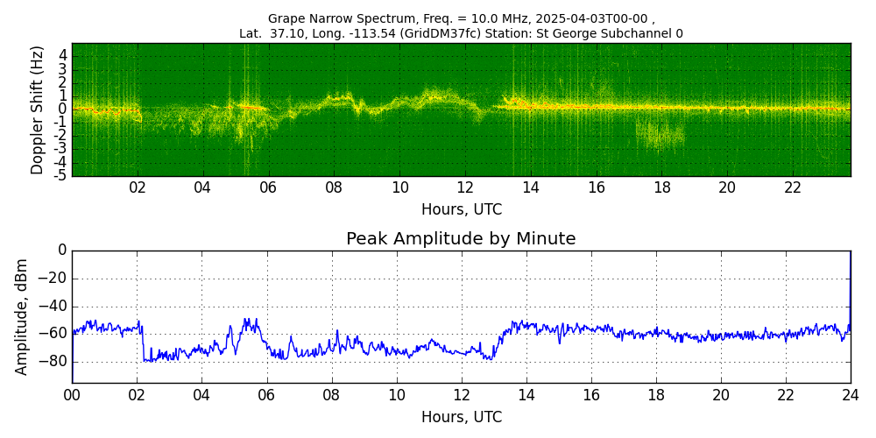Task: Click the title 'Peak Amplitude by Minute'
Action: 461,239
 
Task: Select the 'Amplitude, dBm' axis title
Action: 21,317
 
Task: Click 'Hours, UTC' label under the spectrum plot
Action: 462,210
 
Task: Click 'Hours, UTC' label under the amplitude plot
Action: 462,417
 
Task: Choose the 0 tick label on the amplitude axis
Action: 61,251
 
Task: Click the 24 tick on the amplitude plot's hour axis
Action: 851,393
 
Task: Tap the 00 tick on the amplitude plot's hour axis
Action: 72,393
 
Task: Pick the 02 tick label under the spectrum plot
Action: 138,187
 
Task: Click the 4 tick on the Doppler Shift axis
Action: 63,56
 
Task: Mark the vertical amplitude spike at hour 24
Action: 851,291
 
